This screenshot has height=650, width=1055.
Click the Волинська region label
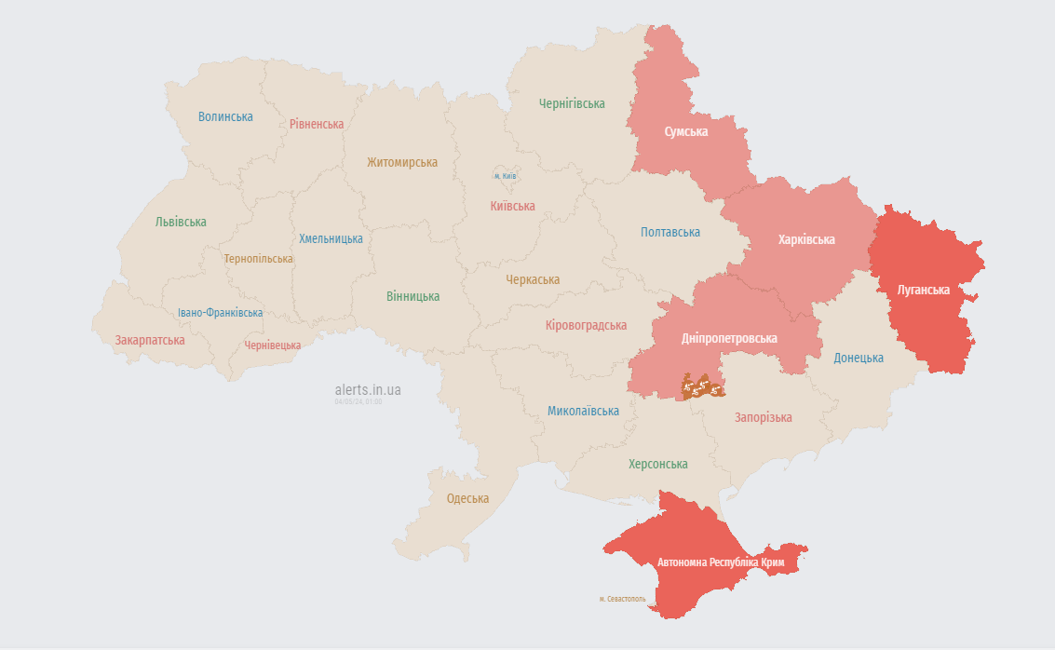coord(225,116)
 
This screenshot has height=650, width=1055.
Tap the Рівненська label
coord(317,124)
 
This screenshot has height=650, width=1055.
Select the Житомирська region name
coord(401,162)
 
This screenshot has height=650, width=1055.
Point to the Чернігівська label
coord(572,103)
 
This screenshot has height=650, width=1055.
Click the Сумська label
coord(685,131)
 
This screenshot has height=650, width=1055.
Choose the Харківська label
coord(806,239)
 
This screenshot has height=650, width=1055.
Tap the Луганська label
coord(923,290)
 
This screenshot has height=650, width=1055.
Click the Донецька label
coord(859,358)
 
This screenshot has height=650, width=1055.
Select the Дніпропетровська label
coord(729,338)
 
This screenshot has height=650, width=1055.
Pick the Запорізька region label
coord(763,417)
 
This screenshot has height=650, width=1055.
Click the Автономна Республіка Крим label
coord(721,563)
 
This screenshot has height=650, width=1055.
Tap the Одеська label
coord(467,498)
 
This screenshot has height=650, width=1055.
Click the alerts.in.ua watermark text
coord(368,390)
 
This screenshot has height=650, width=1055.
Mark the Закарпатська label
coord(150,340)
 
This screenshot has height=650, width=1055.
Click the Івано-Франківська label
coord(220,313)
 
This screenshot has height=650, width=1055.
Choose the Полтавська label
coord(670,232)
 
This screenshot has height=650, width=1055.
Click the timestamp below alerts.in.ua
coord(358,402)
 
